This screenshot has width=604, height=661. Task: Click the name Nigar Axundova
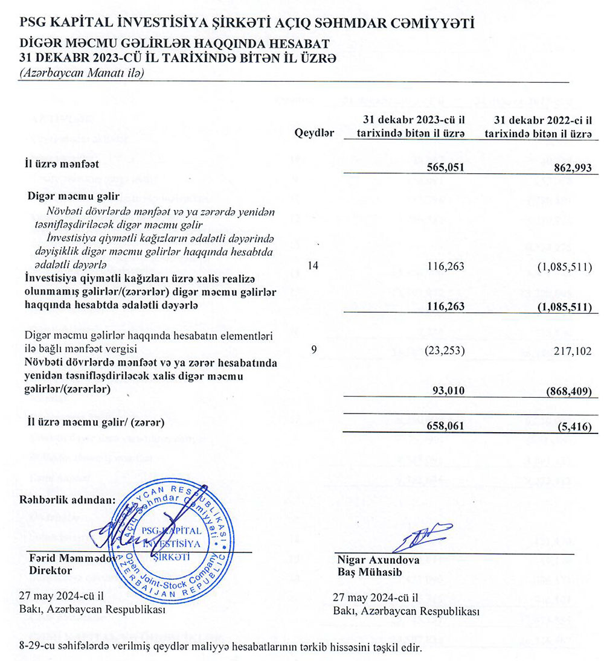(x=370, y=559)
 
